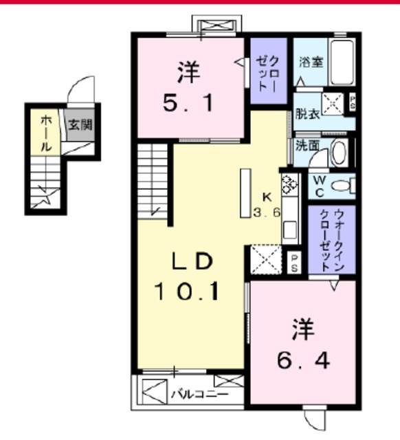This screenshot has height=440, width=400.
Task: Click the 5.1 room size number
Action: click(188, 104)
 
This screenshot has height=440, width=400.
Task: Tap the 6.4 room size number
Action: click(302, 359)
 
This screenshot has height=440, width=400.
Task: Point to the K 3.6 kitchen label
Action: click(266, 204)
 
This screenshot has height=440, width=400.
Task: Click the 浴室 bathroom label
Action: click(309, 61)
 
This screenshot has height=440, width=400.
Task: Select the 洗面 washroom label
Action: click(306, 146)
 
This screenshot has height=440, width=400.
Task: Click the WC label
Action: click(320, 184)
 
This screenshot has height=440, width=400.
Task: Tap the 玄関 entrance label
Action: click(80, 126)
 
